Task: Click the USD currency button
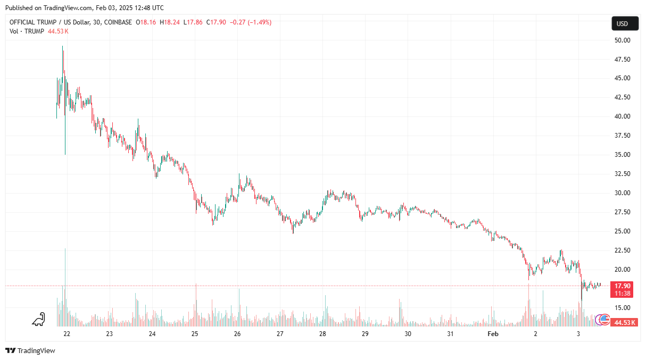click(x=622, y=23)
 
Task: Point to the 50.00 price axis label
click(x=622, y=40)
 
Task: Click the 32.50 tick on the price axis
click(x=622, y=174)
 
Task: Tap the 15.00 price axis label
click(x=622, y=308)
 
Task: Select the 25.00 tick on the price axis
click(x=622, y=231)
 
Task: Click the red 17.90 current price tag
click(x=622, y=286)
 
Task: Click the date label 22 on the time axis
click(x=67, y=334)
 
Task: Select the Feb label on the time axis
click(x=493, y=334)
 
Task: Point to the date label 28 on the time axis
click(x=322, y=334)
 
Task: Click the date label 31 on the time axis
click(x=450, y=334)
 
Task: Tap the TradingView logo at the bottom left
click(x=30, y=350)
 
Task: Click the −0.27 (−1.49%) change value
click(x=250, y=22)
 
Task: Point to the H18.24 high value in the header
click(x=170, y=22)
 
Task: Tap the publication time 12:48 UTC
click(x=149, y=8)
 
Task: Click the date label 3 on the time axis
click(x=578, y=334)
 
